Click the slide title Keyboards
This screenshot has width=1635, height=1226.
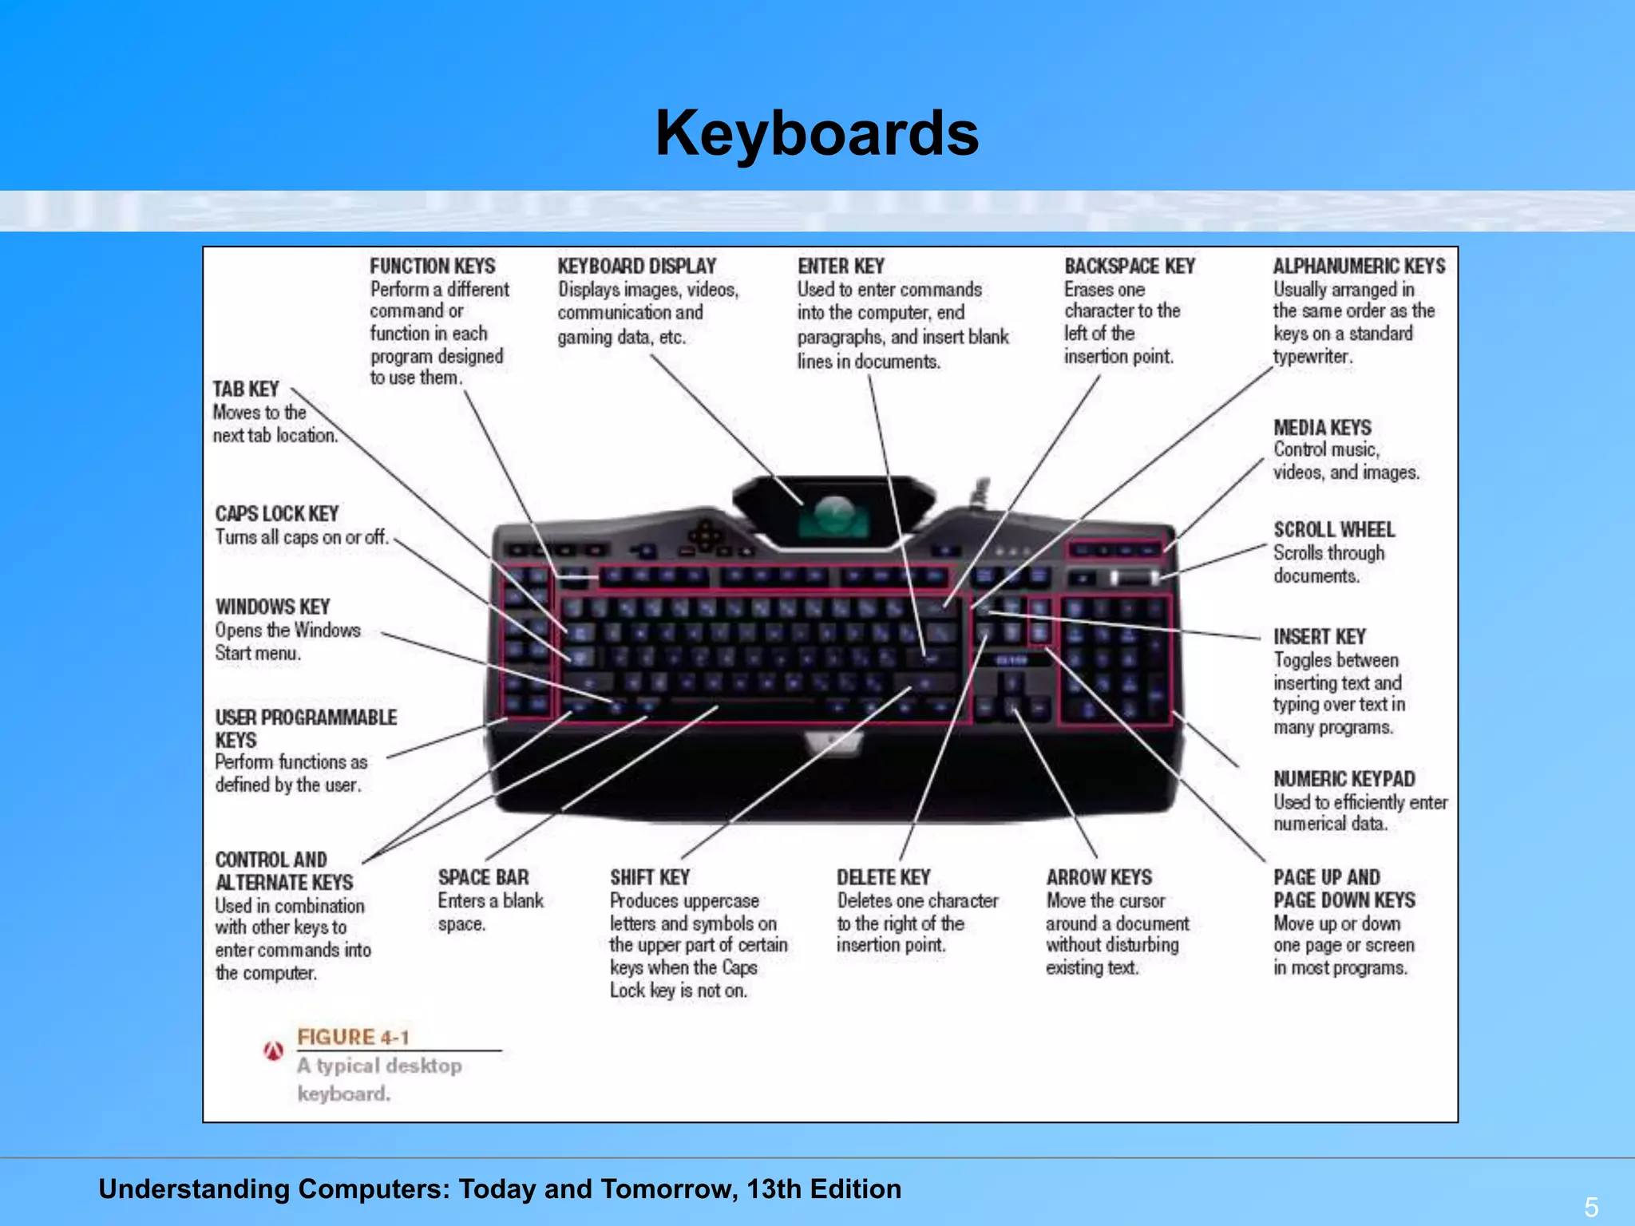817,133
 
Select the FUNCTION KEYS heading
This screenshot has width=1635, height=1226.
432,266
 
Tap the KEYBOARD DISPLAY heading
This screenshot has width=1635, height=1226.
636,266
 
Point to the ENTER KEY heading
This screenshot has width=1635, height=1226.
841,266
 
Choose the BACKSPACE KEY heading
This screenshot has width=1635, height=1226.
1129,266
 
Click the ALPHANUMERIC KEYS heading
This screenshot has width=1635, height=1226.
1359,266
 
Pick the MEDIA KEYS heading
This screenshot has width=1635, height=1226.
1322,428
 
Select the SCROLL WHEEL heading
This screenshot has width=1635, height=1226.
1334,530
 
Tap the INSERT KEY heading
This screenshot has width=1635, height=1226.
1320,637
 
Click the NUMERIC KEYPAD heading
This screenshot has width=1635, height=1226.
1344,779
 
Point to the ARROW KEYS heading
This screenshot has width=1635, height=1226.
1099,877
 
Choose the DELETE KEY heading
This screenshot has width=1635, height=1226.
884,877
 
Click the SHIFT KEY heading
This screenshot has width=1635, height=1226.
650,877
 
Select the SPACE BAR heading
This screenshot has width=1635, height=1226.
483,877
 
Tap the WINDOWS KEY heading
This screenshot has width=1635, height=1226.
272,607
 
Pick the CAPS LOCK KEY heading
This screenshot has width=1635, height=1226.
277,513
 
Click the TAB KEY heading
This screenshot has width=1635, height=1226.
245,389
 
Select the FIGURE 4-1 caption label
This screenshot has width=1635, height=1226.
353,1037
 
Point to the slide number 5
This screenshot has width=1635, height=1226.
1591,1206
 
